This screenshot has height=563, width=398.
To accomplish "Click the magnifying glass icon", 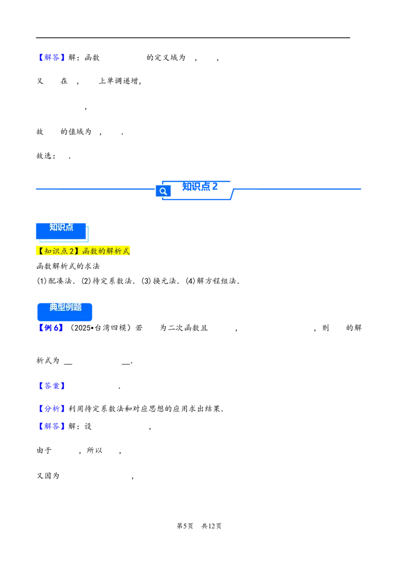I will [163, 191].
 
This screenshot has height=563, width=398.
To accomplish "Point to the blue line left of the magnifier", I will [93, 189].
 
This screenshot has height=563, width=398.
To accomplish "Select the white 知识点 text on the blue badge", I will [61, 227].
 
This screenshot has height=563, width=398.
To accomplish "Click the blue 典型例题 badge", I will [65, 312].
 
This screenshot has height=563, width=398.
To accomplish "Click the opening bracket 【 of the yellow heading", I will [40, 251].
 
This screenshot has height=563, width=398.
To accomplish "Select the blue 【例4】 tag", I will [50, 328].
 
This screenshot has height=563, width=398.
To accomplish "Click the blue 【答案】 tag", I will [52, 386].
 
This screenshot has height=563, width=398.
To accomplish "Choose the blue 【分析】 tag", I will [52, 409].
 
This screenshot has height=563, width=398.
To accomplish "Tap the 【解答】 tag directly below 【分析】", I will [52, 427].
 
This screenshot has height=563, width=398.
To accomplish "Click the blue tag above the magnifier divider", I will [52, 58].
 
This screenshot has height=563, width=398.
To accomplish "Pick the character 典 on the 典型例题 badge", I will [53, 307].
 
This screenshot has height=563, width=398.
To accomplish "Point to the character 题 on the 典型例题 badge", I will [78, 307].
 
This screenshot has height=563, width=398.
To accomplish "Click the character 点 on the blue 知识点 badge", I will [69, 227].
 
